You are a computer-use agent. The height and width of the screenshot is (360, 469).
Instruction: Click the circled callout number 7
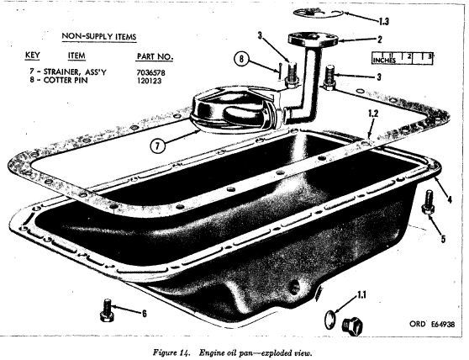(158, 146)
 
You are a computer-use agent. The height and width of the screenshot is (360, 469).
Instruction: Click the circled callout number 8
(241, 59)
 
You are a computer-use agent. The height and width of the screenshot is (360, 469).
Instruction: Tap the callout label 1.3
(384, 22)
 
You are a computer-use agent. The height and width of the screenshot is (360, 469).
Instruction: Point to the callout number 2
(380, 40)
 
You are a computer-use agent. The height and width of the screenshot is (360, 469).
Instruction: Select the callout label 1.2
(373, 113)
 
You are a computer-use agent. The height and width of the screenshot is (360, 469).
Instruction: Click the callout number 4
(450, 199)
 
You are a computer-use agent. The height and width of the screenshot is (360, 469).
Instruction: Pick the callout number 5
(443, 239)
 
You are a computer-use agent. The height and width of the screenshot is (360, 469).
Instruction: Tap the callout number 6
(145, 313)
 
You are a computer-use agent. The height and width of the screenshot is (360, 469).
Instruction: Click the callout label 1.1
(361, 295)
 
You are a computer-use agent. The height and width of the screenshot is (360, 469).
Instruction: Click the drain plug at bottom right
(352, 325)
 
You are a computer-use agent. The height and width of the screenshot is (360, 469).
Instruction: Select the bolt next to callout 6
(107, 310)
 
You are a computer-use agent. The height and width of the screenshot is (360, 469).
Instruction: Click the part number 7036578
(151, 72)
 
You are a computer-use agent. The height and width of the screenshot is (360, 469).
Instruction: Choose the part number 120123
(150, 81)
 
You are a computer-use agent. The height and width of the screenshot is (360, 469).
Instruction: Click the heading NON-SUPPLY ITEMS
(99, 36)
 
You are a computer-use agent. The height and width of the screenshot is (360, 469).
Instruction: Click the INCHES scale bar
(403, 58)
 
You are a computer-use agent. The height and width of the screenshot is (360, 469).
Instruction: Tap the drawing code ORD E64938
(432, 324)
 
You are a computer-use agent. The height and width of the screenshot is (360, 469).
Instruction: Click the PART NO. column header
(155, 56)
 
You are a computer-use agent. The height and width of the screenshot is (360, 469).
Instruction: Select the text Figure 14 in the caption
(171, 352)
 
